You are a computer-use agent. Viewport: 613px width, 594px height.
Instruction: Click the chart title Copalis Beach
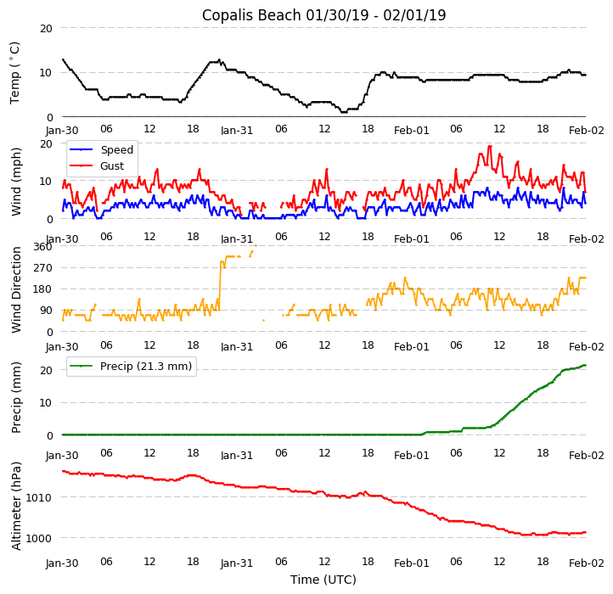click(323, 15)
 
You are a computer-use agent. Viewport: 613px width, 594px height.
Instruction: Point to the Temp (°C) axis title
click(15, 73)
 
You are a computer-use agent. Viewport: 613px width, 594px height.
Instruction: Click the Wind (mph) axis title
click(16, 181)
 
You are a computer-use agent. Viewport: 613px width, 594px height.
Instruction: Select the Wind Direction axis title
click(16, 289)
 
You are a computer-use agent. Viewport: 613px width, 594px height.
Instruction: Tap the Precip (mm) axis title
click(16, 397)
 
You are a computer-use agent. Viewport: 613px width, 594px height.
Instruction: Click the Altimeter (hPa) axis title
click(16, 506)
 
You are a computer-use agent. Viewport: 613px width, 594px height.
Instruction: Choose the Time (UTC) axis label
click(323, 580)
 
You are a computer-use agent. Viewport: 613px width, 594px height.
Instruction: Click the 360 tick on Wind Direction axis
click(42, 246)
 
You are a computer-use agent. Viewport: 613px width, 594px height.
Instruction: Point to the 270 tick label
click(42, 267)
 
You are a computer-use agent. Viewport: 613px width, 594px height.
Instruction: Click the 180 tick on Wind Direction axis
click(42, 289)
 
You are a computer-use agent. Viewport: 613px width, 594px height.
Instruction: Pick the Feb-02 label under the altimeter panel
click(587, 563)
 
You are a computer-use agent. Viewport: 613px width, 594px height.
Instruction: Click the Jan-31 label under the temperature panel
click(237, 131)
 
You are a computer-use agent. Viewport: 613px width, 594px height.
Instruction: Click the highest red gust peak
click(490, 146)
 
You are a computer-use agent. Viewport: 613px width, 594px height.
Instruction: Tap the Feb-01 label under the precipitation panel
click(412, 455)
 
